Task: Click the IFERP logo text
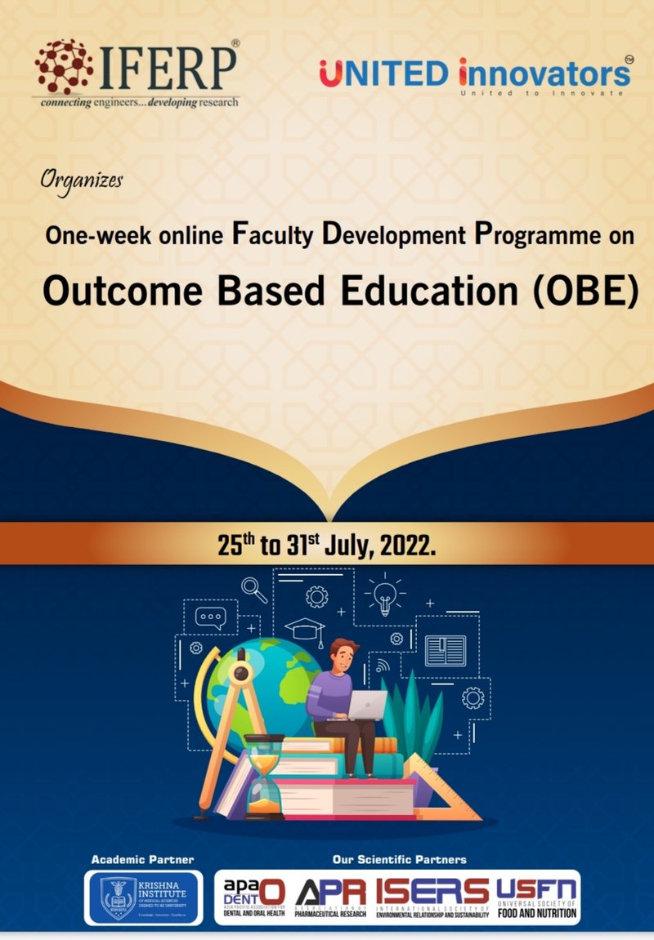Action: click(x=168, y=67)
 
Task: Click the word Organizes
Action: click(x=82, y=178)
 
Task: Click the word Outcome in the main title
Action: click(x=114, y=292)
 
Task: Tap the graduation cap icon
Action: click(x=305, y=630)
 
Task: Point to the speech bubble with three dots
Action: click(x=210, y=617)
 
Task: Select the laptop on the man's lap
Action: click(x=366, y=705)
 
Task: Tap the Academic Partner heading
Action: click(x=142, y=859)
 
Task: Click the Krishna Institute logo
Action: click(x=144, y=898)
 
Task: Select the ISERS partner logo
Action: click(x=432, y=897)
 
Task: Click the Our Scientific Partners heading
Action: click(x=399, y=859)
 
